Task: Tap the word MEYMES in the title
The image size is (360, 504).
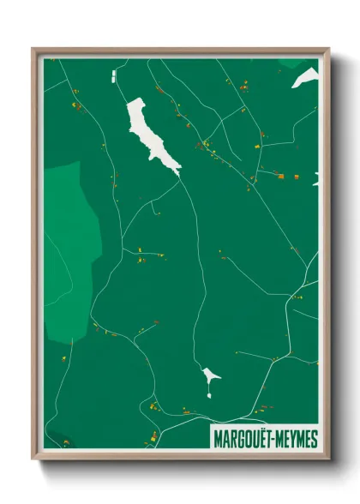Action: (297, 435)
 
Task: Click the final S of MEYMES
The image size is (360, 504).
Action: (314, 435)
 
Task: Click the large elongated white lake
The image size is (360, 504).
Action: (149, 135)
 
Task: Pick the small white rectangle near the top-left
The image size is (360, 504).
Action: (112, 78)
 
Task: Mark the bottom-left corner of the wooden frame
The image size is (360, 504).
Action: (33, 458)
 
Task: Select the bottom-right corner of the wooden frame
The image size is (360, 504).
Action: (328, 458)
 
